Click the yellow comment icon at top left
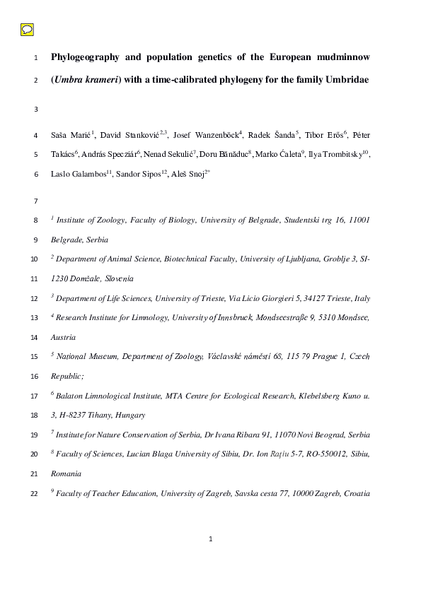[27, 30]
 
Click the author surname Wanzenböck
[210, 134]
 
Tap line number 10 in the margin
[35, 259]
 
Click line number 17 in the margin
[35, 395]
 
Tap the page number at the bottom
[210, 540]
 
